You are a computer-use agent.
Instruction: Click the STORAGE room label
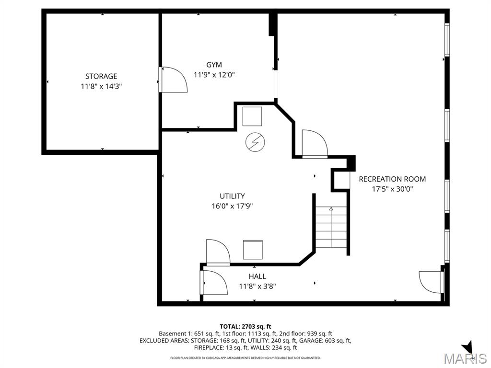coord(101,76)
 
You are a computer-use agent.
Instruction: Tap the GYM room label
coord(214,65)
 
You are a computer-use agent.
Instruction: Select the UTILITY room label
coord(232,196)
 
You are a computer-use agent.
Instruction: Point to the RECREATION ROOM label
coord(392,179)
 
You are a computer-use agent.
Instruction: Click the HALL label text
coord(257,276)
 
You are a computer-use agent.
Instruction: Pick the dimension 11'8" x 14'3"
coord(101,86)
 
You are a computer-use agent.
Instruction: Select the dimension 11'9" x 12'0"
coord(214,75)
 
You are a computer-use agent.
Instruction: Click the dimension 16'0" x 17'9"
coord(232,206)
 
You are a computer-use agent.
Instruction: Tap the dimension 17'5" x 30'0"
coord(392,189)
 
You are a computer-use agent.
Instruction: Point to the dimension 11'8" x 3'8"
coord(257,287)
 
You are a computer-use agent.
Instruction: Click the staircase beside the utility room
coord(331,227)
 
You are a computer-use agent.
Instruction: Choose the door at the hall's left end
coord(213,282)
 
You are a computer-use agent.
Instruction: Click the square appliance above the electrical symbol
coord(252,116)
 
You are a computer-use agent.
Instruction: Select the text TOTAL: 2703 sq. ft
coord(245,326)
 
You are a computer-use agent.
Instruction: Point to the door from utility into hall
coord(218,252)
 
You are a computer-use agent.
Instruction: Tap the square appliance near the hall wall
coord(253,250)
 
